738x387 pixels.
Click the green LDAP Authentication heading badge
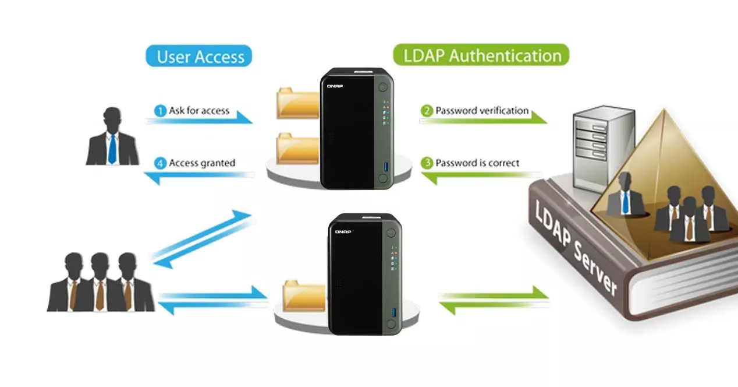click(x=481, y=56)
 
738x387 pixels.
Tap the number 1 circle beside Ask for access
click(x=161, y=111)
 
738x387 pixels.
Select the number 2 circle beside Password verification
click(x=427, y=111)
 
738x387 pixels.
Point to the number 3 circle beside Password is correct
click(x=427, y=163)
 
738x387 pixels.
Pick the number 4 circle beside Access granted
click(x=161, y=163)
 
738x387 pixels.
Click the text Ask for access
click(x=199, y=111)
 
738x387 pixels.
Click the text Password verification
click(x=482, y=110)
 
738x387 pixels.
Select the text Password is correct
click(x=477, y=163)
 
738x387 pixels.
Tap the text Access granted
click(x=202, y=163)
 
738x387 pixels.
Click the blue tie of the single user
click(x=112, y=149)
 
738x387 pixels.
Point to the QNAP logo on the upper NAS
click(x=335, y=86)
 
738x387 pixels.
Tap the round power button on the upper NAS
click(x=382, y=87)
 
